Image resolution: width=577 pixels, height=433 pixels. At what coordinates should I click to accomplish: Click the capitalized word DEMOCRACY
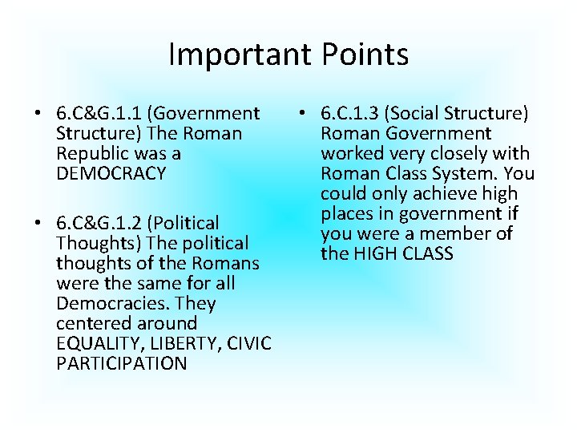(111, 174)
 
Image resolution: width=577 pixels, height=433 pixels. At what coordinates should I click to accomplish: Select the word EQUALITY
(95, 343)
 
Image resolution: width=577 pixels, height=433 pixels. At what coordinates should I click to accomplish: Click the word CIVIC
(248, 343)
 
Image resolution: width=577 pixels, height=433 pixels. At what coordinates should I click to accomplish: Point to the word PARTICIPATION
(122, 363)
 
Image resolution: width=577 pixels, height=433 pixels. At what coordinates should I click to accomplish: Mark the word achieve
(434, 194)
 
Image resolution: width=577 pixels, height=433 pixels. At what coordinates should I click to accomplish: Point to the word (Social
(441, 114)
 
